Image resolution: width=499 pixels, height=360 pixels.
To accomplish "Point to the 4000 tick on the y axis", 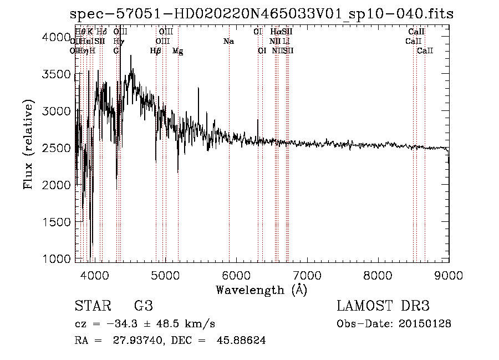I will tap(56, 37).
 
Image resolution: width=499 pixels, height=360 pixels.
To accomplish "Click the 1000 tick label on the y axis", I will tap(56, 259).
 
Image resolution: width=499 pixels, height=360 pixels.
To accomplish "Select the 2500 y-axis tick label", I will tap(56, 148).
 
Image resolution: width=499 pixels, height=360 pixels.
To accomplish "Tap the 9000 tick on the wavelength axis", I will tap(449, 275).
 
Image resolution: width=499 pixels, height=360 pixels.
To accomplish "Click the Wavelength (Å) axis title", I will tap(261, 290).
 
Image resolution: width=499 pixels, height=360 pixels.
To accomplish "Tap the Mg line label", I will tap(177, 51).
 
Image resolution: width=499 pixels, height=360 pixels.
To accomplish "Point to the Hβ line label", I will tap(155, 51).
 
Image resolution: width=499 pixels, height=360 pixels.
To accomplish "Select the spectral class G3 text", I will tap(143, 306).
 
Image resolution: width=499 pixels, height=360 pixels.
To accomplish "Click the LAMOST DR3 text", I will tap(383, 306).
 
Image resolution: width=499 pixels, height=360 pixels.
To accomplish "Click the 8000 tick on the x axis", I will tap(378, 275).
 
